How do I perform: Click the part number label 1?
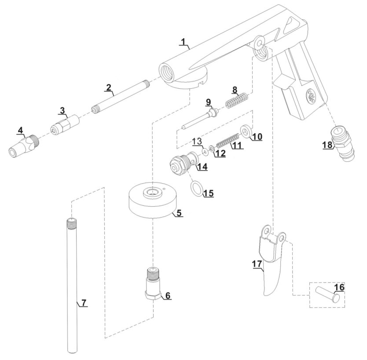[x=184, y=42]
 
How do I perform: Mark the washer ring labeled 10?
[x=247, y=131]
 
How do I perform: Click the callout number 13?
[x=197, y=141]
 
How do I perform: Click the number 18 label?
[x=327, y=145]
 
